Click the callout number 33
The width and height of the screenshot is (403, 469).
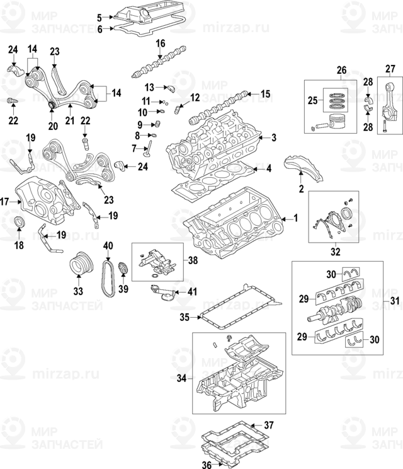coord(78,291)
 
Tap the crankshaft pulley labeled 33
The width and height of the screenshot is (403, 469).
coord(79,263)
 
